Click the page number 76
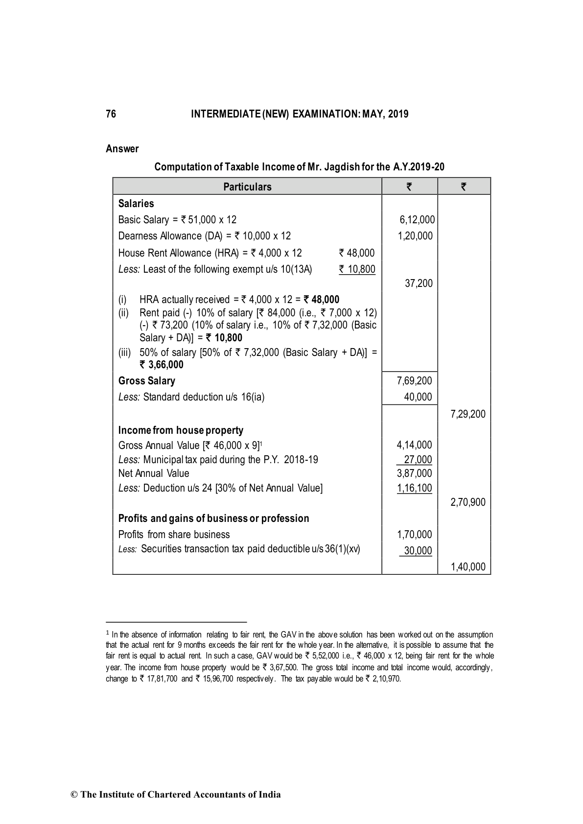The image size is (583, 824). (111, 114)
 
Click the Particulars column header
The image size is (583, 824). (247, 187)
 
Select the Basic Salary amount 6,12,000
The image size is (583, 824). (417, 220)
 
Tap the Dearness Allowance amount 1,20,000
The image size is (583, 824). (415, 236)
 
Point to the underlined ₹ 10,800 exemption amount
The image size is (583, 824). (357, 269)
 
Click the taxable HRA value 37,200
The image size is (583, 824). (419, 283)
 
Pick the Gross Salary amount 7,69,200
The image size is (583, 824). (414, 381)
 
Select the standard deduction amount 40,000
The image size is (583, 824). (418, 397)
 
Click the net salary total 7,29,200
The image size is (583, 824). (467, 414)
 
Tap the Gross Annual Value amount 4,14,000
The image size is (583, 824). (414, 445)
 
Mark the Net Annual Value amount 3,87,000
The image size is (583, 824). (414, 473)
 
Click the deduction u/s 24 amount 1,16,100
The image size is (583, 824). (414, 488)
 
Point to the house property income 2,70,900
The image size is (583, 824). (467, 502)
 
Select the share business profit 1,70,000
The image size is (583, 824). (414, 535)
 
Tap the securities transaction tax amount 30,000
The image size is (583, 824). (418, 551)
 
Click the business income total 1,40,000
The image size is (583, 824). (467, 567)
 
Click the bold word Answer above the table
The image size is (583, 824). (122, 149)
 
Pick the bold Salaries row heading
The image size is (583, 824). (136, 204)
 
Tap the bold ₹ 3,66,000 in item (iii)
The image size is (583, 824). (162, 365)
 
